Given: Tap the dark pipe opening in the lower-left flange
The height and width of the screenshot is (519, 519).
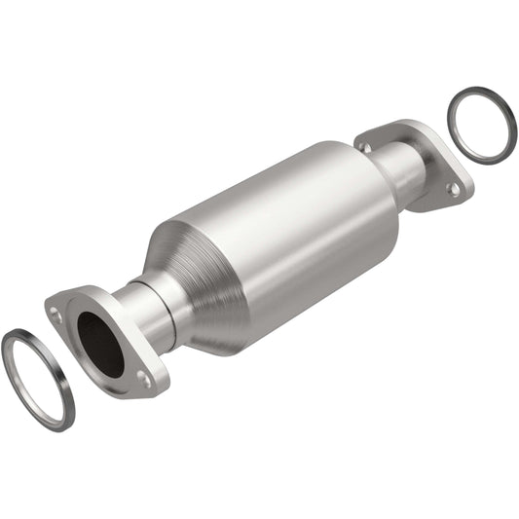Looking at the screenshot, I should [100, 343].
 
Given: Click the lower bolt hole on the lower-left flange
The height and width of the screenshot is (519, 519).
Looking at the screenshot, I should [145, 380].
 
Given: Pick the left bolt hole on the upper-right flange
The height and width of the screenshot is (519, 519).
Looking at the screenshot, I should [366, 147].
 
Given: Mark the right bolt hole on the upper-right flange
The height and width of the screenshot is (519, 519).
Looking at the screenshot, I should [450, 188].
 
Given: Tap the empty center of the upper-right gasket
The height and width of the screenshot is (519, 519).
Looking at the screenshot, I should [482, 127].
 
